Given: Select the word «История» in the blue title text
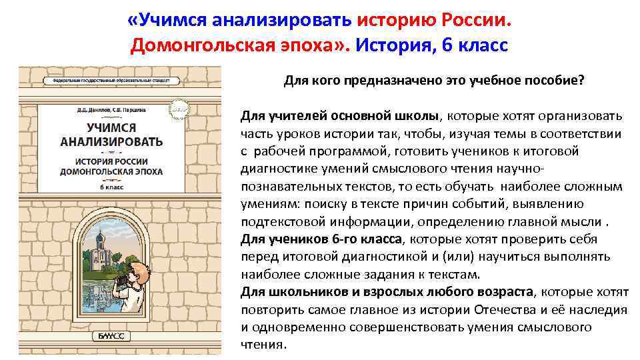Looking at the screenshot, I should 397,45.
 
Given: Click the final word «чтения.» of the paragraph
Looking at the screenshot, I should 263,345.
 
